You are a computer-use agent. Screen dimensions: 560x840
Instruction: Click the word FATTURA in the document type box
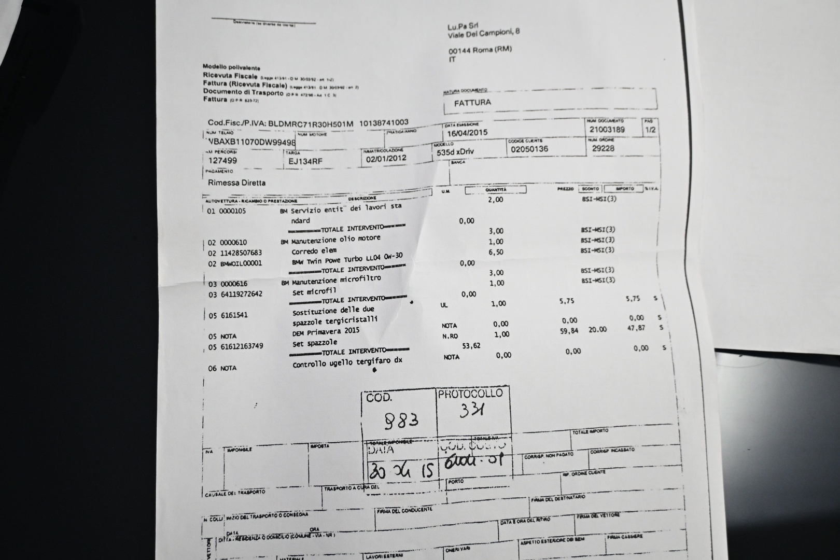pyautogui.click(x=472, y=103)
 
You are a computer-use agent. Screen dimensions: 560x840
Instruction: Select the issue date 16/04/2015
pyautogui.click(x=467, y=132)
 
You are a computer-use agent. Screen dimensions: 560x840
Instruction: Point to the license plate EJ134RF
pyautogui.click(x=305, y=161)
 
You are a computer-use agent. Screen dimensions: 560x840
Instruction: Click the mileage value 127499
pyautogui.click(x=222, y=161)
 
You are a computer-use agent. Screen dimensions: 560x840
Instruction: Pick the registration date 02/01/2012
pyautogui.click(x=386, y=159)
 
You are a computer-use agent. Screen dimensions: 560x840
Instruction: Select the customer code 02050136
pyautogui.click(x=529, y=149)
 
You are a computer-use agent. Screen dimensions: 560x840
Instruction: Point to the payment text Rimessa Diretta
pyautogui.click(x=236, y=183)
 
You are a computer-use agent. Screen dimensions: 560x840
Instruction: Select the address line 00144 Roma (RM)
pyautogui.click(x=480, y=50)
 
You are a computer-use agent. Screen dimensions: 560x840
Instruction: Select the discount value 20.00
pyautogui.click(x=597, y=329)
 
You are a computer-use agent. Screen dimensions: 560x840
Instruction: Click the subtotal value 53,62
pyautogui.click(x=470, y=346)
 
